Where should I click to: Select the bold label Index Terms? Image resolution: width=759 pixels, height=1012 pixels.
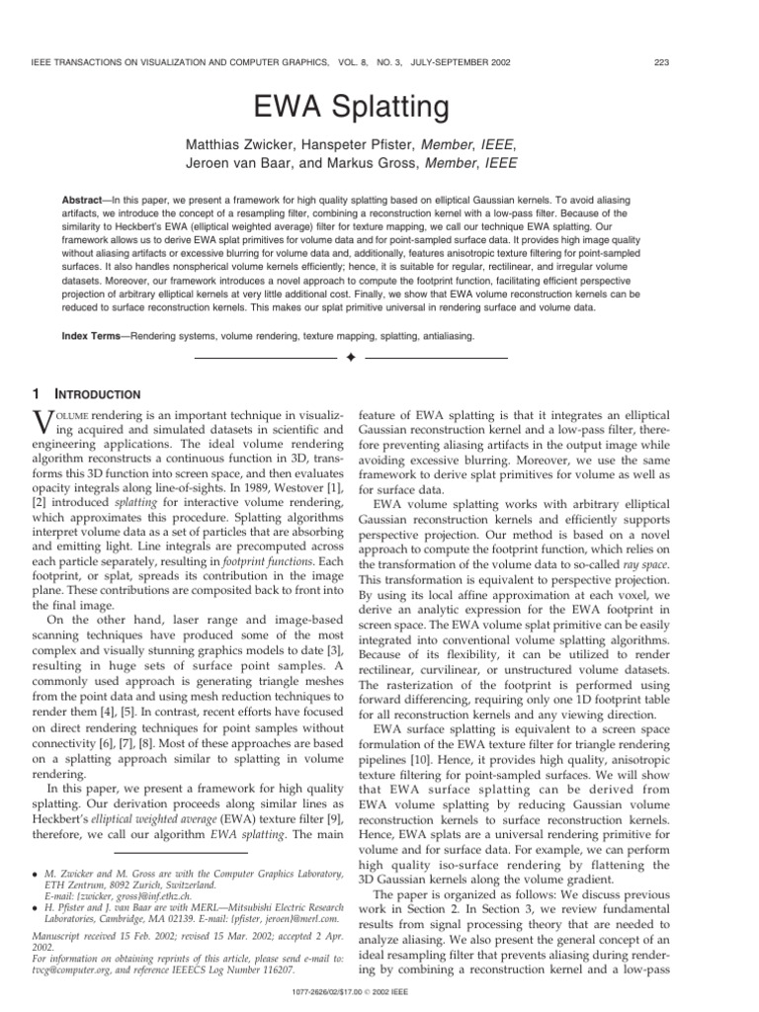click(98, 335)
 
